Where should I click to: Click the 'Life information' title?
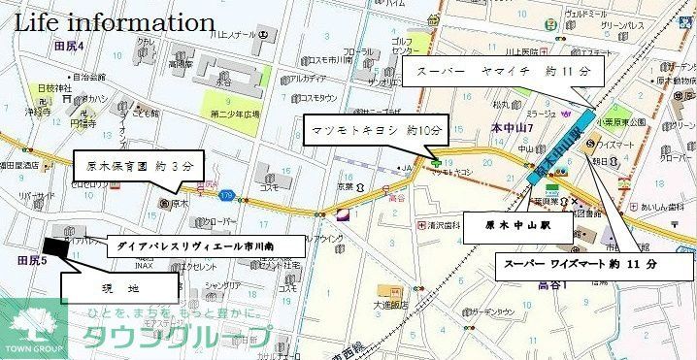point(114,21)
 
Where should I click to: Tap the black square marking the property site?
point(57,247)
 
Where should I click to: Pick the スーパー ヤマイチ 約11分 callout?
point(503,72)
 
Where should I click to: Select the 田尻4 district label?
point(70,47)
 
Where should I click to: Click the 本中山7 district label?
point(511,127)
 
